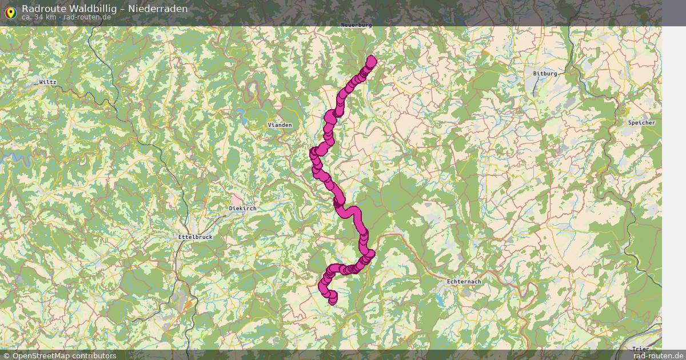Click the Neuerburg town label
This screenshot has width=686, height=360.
(356, 25)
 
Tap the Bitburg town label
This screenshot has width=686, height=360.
(544, 74)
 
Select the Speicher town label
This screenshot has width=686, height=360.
(641, 123)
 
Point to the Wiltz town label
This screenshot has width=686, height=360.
(47, 82)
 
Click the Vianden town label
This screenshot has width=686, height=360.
(280, 125)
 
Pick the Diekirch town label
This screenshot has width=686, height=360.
(242, 209)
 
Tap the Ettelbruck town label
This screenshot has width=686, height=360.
(196, 237)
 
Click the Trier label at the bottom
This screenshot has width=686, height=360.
(641, 349)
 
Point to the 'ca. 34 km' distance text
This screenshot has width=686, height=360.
(39, 17)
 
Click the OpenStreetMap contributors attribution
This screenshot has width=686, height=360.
(59, 355)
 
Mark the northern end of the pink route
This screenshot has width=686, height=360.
(372, 59)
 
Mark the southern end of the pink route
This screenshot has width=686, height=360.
(333, 301)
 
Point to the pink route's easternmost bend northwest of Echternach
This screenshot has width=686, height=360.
(371, 254)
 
